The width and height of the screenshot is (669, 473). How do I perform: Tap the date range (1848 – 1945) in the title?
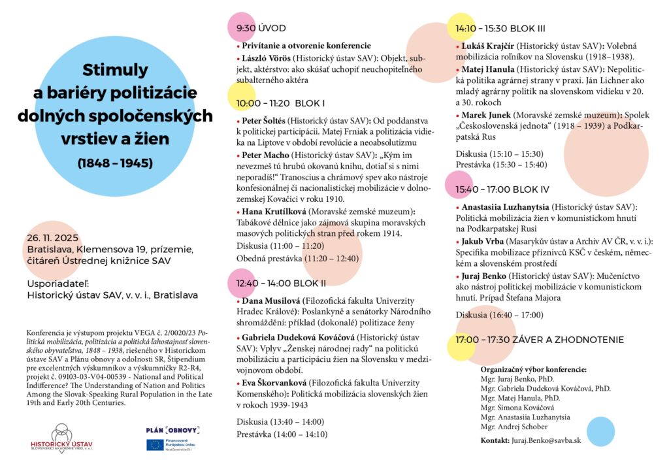[115, 163]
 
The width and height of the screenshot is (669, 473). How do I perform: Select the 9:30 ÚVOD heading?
[261, 28]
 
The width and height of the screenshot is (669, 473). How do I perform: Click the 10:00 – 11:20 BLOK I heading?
[280, 103]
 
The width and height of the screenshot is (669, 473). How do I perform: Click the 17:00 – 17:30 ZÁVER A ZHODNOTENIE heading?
[540, 340]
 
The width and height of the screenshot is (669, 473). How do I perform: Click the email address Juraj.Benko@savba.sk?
[546, 440]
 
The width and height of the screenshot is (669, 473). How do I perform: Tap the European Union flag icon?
[155, 445]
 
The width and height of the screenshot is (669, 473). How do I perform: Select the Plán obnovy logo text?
[172, 430]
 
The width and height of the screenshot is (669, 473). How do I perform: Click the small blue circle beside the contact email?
[600, 431]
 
